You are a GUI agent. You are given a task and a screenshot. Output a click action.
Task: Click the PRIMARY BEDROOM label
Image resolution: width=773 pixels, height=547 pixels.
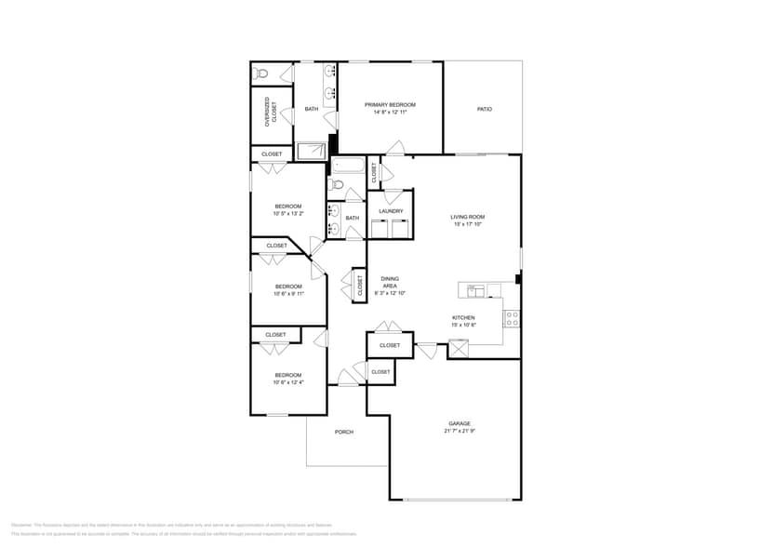tap(389, 105)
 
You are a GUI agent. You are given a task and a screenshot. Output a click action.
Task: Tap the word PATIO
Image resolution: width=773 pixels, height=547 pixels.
tap(484, 110)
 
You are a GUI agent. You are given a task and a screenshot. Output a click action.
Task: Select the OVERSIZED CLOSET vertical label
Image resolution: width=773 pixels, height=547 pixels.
tap(271, 111)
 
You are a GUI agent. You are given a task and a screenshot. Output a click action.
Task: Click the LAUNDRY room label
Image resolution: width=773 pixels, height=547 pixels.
tap(391, 211)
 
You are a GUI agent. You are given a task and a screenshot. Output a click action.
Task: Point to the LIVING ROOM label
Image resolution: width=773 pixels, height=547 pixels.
tap(468, 217)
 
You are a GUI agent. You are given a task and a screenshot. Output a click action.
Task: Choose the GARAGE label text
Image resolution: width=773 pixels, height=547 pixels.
tap(460, 423)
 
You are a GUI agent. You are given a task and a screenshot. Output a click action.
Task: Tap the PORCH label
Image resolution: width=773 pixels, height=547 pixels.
tap(344, 432)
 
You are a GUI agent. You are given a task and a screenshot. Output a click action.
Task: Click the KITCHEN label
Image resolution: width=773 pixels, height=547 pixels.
tap(463, 318)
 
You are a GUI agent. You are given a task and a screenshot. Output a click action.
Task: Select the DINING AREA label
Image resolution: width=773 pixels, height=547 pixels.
tap(390, 282)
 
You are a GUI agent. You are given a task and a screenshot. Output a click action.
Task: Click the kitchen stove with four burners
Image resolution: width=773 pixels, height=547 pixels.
tap(512, 317)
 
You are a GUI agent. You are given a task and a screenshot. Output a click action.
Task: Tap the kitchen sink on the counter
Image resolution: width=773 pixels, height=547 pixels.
tap(476, 290)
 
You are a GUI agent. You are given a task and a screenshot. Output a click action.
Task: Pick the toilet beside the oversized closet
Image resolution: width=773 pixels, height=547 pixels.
tap(262, 73)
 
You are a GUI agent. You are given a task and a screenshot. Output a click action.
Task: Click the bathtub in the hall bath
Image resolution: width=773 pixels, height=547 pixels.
tap(349, 167)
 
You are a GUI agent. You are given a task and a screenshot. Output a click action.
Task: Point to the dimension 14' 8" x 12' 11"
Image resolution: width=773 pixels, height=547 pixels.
tap(389, 113)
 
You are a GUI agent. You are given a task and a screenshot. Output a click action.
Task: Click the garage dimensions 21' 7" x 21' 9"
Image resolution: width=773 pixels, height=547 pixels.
tap(460, 431)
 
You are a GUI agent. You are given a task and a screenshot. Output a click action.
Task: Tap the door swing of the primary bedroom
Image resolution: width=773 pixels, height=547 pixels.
tap(395, 148)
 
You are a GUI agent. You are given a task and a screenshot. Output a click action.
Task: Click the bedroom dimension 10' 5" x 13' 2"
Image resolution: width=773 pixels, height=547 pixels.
tap(287, 214)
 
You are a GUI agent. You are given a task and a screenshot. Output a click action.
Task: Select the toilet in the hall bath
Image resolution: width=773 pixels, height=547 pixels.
tap(339, 184)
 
